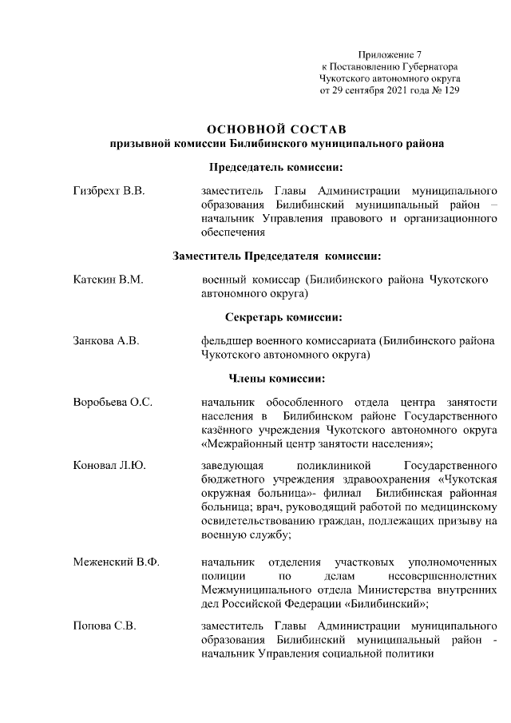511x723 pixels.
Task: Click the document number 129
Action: click(450, 91)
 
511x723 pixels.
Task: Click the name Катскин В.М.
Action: click(107, 280)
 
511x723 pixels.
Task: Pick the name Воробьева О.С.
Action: click(113, 401)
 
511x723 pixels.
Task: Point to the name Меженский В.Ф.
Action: click(116, 562)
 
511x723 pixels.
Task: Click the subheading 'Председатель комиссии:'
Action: click(276, 168)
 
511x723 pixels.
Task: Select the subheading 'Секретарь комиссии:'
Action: click(276, 317)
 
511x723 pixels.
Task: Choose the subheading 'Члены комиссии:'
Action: click(276, 378)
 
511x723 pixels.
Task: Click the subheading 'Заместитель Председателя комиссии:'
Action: click(276, 256)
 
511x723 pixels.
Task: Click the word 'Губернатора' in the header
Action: click(429, 67)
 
